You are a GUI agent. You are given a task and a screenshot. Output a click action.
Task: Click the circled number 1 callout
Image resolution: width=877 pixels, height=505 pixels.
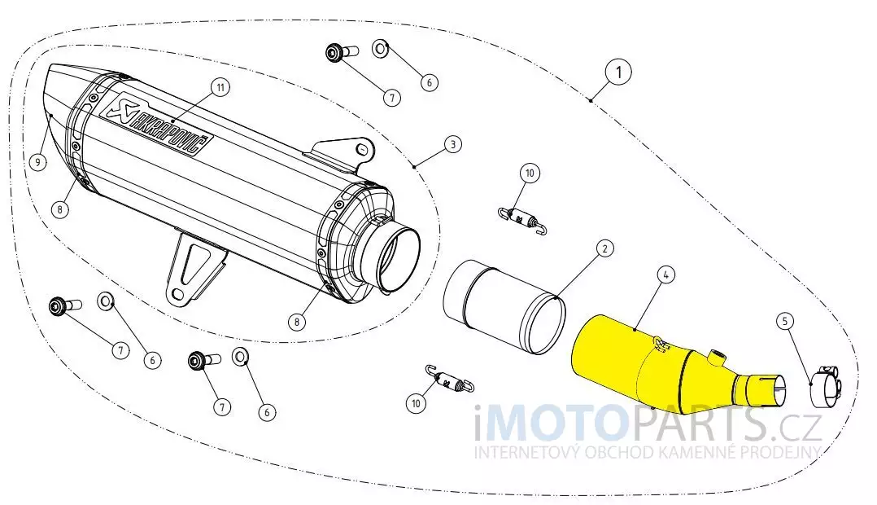click(x=618, y=72)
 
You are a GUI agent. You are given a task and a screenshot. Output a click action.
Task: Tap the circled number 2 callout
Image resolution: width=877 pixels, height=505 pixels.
click(x=604, y=248)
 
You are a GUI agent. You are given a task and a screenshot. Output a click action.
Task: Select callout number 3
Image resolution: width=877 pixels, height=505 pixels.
click(x=453, y=144)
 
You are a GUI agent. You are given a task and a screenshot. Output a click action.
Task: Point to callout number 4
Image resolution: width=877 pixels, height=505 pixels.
click(x=665, y=274)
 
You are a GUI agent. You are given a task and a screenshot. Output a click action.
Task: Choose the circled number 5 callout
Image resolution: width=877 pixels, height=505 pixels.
click(x=785, y=322)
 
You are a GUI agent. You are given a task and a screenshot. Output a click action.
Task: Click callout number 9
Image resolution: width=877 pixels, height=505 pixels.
click(x=37, y=163)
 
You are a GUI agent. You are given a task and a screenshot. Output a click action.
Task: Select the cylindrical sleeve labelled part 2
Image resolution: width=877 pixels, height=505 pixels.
click(x=504, y=307)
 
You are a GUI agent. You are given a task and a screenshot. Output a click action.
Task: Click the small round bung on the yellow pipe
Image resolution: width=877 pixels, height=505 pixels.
click(x=716, y=354)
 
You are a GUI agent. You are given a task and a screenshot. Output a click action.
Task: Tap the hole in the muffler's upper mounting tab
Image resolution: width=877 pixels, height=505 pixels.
click(x=362, y=150)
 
